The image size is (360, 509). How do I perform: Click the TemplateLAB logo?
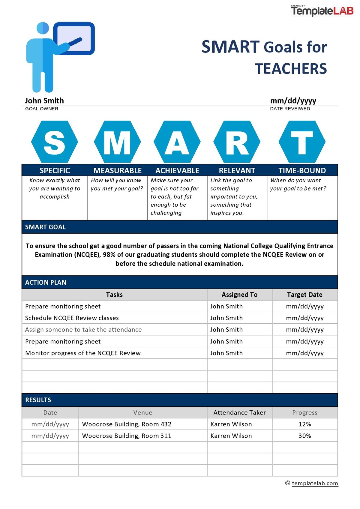pos(322,11)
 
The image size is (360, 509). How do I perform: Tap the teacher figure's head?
pos(43,28)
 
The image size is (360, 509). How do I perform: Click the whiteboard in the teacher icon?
pos(74,38)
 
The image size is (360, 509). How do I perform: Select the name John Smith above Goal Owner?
pos(44,101)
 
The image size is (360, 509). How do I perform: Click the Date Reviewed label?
pos(290,109)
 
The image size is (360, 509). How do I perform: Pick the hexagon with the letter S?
pos(54,142)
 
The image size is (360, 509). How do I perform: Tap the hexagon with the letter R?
pos(237,142)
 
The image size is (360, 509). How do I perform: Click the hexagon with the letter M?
pos(117,142)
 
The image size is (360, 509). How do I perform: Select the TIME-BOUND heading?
pos(302,171)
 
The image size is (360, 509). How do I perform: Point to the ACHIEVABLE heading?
pos(177,171)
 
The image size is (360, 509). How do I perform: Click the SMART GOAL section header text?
pos(45,227)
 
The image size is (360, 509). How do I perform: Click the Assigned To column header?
pos(239,295)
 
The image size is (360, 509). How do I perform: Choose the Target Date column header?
pos(304,295)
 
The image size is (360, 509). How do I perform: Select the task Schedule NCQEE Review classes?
pos(72,318)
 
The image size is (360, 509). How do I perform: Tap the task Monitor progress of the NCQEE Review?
pos(83,353)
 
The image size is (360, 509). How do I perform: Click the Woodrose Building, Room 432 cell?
pos(127,424)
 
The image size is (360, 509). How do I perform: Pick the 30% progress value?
pos(304,436)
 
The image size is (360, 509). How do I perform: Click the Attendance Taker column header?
pos(239,413)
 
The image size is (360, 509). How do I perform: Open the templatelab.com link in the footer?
pos(315,483)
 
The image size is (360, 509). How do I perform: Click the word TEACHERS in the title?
pos(291,69)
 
